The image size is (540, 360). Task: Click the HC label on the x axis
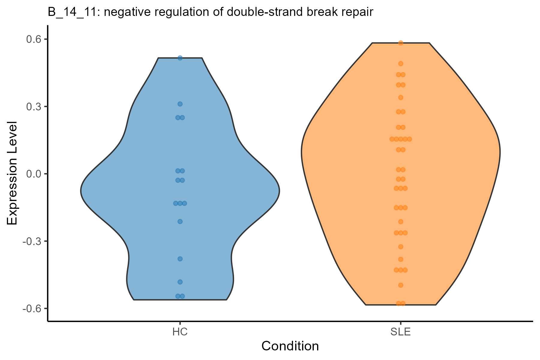(180, 332)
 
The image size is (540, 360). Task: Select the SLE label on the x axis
(400, 332)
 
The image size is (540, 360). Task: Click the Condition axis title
(290, 346)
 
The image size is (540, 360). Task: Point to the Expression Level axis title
(13, 173)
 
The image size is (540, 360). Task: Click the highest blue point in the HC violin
(180, 58)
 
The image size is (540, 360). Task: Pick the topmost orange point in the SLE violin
(400, 43)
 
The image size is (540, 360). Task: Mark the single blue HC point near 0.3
(180, 104)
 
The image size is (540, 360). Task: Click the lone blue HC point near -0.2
(180, 222)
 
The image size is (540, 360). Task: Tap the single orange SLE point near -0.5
(400, 285)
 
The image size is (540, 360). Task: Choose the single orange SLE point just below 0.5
(400, 64)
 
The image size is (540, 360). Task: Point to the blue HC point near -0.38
(180, 259)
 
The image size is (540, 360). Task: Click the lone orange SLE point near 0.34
(400, 97)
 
